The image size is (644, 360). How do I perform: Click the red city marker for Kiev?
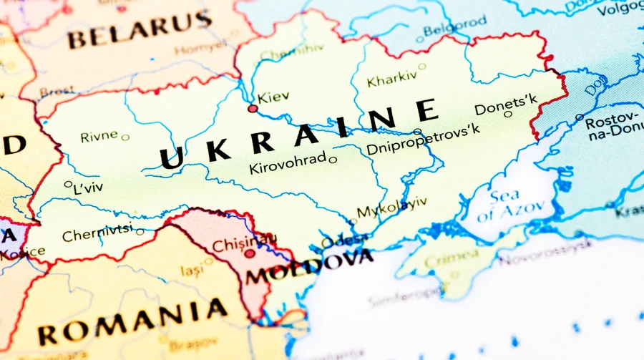pyautogui.click(x=252, y=109)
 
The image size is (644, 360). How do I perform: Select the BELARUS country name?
pyautogui.click(x=140, y=31)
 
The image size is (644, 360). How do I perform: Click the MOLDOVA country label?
pyautogui.click(x=309, y=266)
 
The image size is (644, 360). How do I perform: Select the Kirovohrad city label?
pyautogui.click(x=287, y=165)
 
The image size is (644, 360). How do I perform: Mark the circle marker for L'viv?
pyautogui.click(x=68, y=184)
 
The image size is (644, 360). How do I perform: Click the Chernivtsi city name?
pyautogui.click(x=97, y=233)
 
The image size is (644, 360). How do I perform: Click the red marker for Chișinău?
pyautogui.click(x=249, y=253)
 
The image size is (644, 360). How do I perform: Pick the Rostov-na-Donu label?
pyautogui.click(x=613, y=126)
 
